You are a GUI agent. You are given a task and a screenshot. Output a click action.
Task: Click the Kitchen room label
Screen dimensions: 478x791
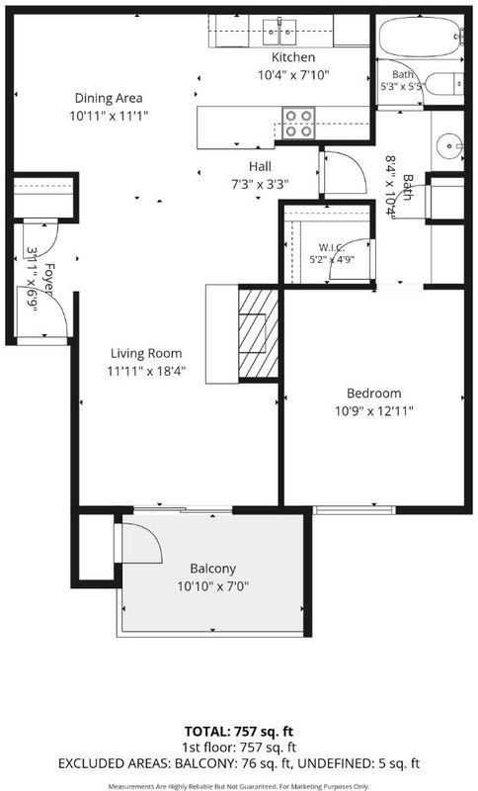pos(293,57)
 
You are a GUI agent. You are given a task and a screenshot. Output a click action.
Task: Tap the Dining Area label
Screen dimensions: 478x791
pos(109,98)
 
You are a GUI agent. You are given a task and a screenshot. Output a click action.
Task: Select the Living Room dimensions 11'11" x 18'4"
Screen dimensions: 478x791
pos(146,372)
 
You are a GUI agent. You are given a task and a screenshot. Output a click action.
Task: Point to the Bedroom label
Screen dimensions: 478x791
pos(373,393)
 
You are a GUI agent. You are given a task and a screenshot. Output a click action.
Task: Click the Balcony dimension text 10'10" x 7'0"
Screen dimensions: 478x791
pos(213,586)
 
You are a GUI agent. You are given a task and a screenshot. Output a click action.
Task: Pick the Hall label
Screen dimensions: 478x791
pos(260,166)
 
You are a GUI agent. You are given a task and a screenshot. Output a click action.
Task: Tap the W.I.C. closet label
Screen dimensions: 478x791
pos(332,248)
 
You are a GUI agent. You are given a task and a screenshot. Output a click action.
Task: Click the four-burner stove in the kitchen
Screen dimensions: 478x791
pos(298,123)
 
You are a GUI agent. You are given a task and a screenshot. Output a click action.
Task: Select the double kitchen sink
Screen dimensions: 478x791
pos(280,32)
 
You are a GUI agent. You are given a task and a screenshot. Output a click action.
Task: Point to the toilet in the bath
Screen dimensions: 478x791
pos(443,83)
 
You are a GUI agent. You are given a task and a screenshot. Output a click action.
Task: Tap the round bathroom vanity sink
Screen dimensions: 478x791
pos(448,145)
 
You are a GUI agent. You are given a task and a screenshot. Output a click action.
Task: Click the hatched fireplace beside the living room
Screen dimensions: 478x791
pos(259,333)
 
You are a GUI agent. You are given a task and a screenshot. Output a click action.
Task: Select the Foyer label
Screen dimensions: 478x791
pos(48,279)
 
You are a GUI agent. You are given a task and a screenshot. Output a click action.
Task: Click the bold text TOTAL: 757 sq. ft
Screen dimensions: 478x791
pos(239,732)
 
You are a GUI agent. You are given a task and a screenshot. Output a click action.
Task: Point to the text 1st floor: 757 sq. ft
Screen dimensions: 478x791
pos(239,747)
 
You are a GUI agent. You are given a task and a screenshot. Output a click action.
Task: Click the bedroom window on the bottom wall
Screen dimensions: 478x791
pos(355,510)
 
